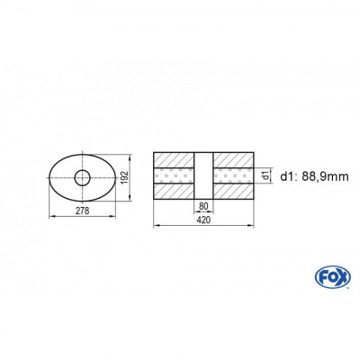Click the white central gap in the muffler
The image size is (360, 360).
click(205, 175)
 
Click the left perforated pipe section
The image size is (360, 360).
click(175, 175)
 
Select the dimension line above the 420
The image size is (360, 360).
click(205, 222)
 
